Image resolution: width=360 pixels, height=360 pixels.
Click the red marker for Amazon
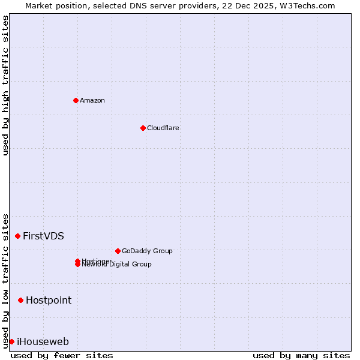point(76,100)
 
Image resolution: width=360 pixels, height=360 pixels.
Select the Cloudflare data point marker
point(143,128)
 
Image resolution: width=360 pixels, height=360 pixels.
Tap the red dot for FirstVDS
point(18,236)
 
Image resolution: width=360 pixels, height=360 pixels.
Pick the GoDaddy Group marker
point(118,251)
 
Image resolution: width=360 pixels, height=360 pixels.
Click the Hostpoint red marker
point(21,300)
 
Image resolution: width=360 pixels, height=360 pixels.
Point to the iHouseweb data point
point(11,341)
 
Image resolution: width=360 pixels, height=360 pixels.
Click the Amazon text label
point(92,100)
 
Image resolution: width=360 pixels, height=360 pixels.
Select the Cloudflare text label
point(163,128)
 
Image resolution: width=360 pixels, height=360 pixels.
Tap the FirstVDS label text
point(43,236)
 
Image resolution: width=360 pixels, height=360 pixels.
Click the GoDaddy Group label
point(147,251)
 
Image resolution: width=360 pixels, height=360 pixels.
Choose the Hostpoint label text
point(48,300)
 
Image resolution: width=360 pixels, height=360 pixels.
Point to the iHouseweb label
point(43,342)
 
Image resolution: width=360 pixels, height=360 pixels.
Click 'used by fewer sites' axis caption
point(62,355)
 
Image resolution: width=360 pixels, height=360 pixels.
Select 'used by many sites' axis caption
point(301,355)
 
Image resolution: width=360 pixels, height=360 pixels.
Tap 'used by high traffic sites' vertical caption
point(6,85)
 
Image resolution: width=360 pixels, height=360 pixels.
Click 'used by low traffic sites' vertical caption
point(6,280)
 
